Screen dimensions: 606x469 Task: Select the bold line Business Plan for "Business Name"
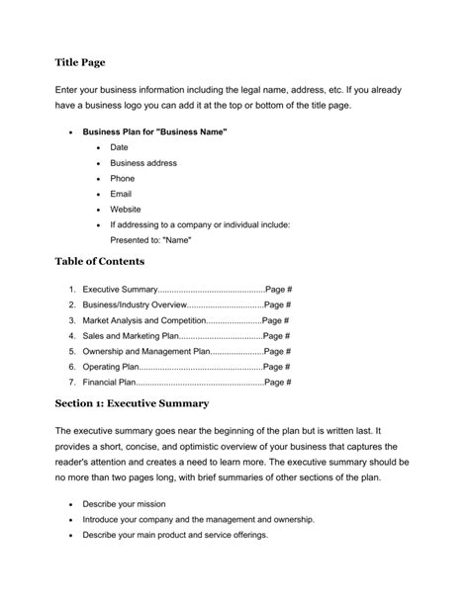[x=155, y=130]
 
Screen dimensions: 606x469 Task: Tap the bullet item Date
[x=119, y=147]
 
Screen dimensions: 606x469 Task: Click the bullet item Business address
[x=143, y=163]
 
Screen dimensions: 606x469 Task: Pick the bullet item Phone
[x=123, y=179]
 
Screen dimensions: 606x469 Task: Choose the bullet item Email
[x=121, y=195]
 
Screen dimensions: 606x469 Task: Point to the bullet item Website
[x=126, y=210]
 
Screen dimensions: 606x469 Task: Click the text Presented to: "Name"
[x=150, y=240]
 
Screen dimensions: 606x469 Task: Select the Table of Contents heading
[x=100, y=262]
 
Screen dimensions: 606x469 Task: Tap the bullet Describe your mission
[x=124, y=503]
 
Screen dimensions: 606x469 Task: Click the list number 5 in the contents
[x=72, y=351]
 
